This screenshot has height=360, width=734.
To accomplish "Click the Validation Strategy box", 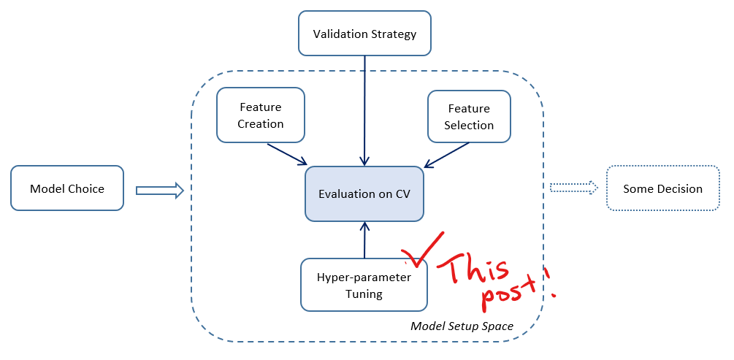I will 364,34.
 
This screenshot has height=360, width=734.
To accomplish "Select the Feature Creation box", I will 260,115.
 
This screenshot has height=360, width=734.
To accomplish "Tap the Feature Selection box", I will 469,116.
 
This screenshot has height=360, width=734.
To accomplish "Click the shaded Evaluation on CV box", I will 364,194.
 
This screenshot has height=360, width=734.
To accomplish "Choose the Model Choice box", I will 67,188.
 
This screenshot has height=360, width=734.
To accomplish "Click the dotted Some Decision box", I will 662,188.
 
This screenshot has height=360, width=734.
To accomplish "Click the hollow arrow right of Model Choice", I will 159,191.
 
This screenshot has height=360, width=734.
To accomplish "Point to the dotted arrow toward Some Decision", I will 573,188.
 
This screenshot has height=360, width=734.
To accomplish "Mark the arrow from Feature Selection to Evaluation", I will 446,154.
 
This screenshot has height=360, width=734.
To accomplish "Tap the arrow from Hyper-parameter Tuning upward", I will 364,240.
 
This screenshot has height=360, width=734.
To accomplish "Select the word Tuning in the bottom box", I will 364,294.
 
